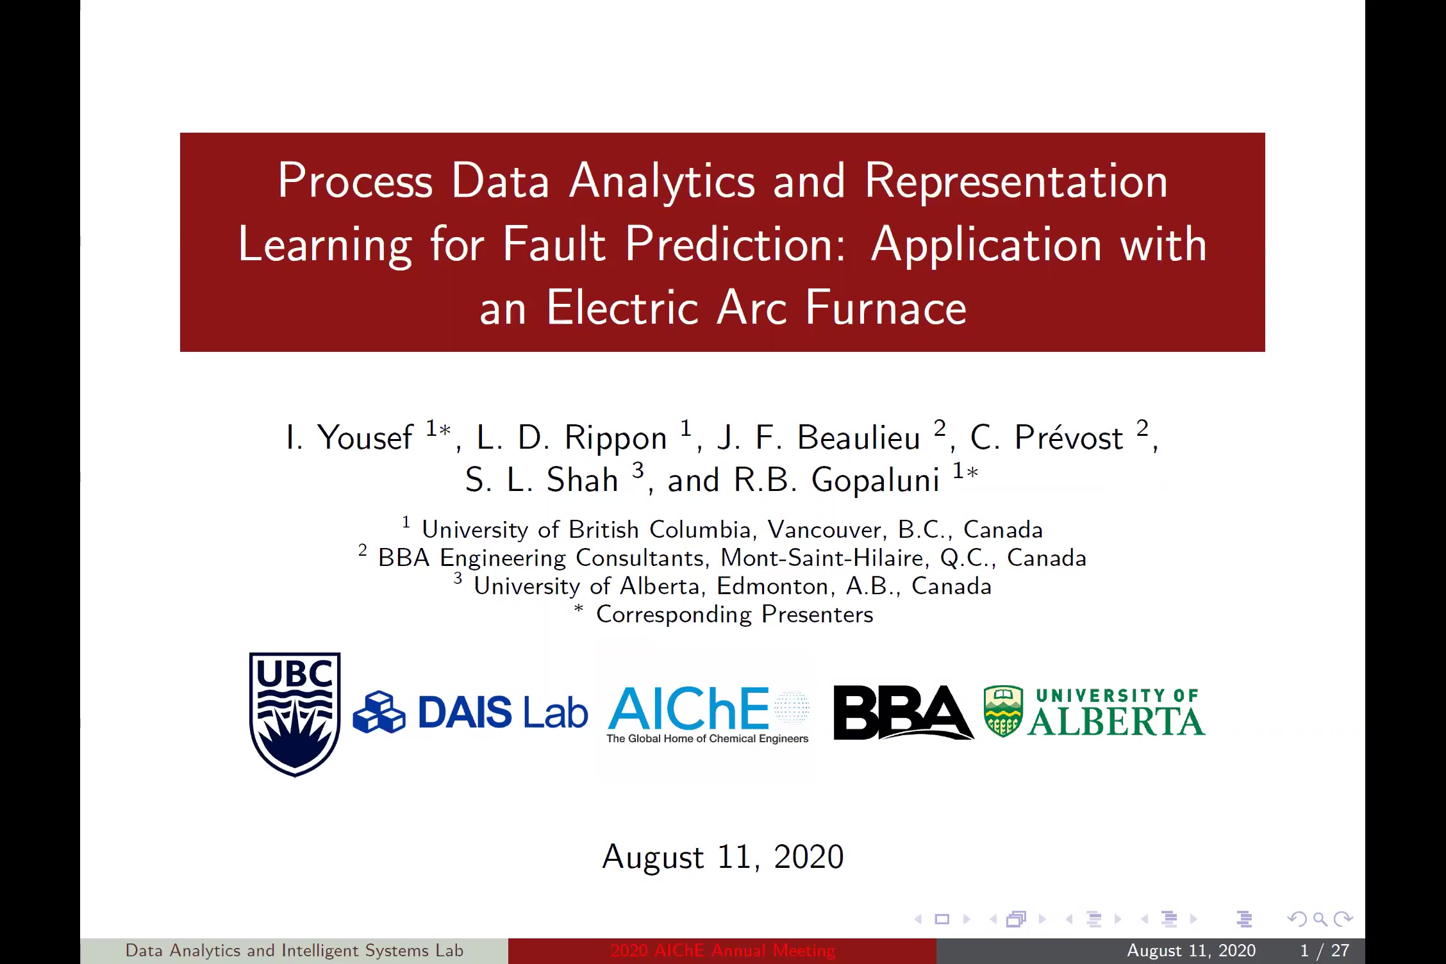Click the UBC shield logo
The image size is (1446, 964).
coord(295,714)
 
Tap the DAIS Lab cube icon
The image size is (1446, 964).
coord(379,711)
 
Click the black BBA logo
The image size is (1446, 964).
coord(903,712)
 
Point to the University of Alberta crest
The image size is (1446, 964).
coord(1003,711)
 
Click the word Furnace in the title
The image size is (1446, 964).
coord(885,308)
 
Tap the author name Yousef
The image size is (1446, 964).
coord(365,438)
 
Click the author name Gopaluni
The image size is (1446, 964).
coord(875,480)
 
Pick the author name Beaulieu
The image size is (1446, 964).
coord(858,438)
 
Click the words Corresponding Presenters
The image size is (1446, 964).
coord(735,614)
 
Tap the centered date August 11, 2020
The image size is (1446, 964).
coord(723,857)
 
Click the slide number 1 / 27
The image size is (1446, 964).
coord(1325,951)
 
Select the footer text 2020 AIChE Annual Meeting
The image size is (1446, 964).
coord(722,951)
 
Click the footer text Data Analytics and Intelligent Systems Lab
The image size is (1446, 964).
coord(294,951)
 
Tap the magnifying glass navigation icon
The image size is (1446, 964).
coord(1320,920)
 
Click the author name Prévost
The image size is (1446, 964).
coord(1068,438)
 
